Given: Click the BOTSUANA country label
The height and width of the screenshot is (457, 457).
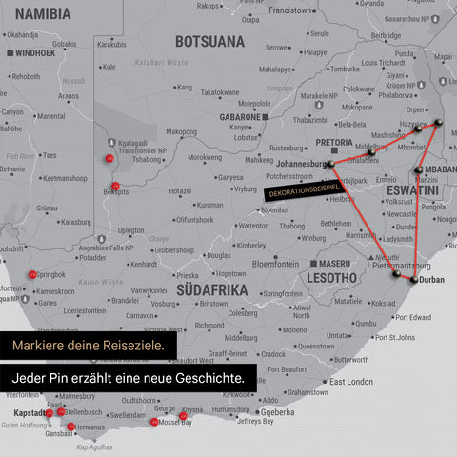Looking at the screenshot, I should pos(209,41).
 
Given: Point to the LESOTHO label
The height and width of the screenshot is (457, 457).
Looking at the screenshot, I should pos(330,278).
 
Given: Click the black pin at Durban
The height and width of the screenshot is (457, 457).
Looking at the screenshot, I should pos(413,278).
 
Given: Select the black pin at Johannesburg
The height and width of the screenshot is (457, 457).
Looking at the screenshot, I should pos(330,164).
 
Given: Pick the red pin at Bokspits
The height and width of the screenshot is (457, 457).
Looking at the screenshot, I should pos(115,186).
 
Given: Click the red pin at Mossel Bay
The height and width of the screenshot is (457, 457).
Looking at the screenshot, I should pos(154,421).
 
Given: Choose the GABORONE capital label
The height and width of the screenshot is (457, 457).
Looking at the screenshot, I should pos(239,116).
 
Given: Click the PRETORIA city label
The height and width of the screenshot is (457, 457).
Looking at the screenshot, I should pos(334,142).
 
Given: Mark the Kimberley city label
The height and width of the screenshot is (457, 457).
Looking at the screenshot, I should pos(250,245).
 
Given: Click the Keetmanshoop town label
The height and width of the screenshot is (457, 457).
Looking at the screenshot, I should pos(66,177).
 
